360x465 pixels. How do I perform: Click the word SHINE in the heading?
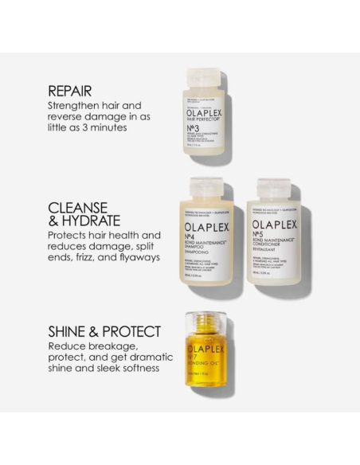70,331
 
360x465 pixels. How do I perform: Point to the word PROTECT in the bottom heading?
130,331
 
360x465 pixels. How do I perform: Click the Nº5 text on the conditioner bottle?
260,237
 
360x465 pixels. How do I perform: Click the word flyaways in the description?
136,257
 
